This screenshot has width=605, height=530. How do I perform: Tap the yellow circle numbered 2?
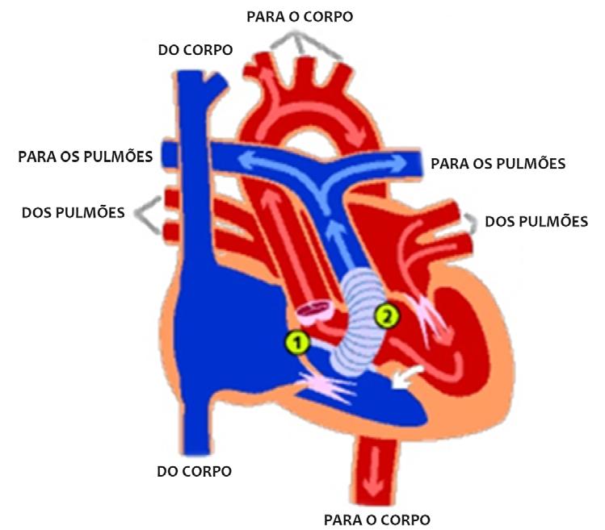387,316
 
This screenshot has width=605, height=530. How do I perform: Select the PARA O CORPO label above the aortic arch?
300,16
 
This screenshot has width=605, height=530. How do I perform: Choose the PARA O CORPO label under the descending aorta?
376,519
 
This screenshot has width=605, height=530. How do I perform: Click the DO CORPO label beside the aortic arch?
195,50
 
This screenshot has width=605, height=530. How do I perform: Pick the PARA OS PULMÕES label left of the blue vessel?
86,156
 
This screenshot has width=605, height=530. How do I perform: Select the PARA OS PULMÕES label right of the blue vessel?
498,164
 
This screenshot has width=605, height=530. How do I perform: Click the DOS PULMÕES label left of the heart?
73,213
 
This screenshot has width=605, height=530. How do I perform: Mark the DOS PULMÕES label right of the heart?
536,221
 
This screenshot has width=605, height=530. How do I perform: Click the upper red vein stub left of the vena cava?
170,198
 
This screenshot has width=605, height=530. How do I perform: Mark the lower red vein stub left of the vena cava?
170,232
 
